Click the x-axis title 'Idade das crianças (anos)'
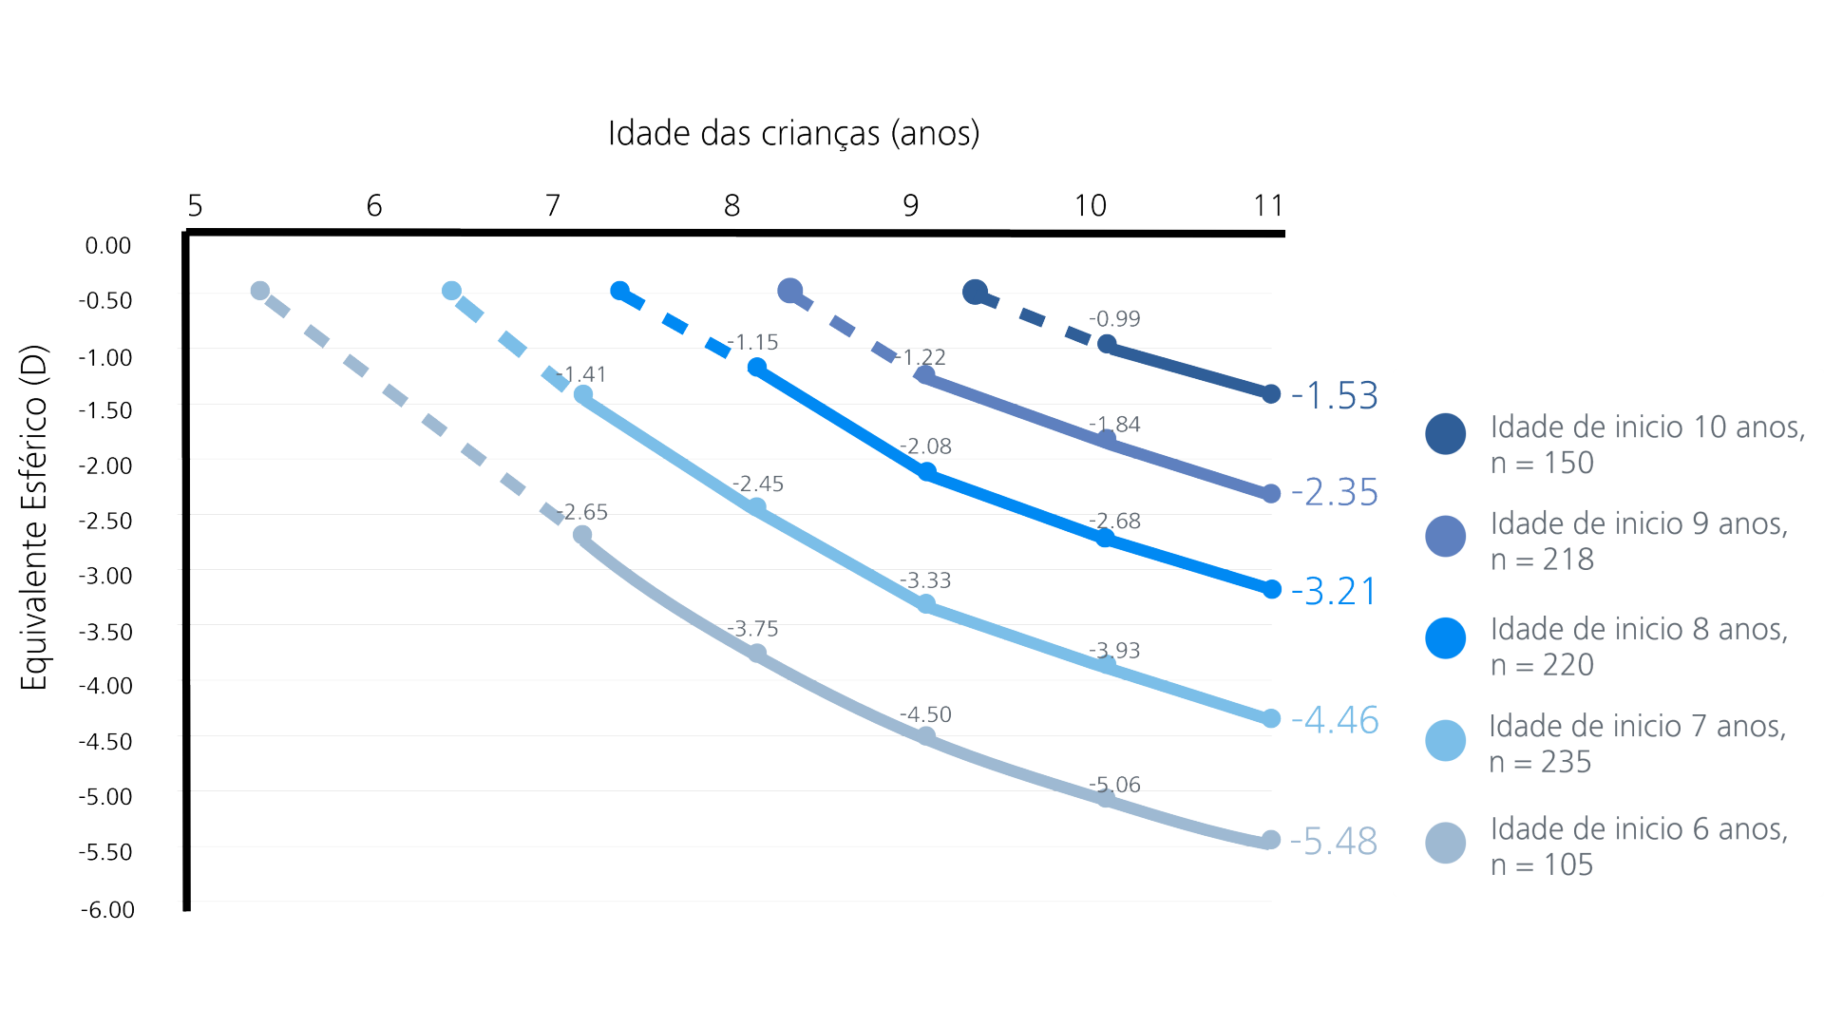click(793, 133)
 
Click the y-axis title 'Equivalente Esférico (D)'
click(34, 518)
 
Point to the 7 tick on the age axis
click(553, 205)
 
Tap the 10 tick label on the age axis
click(1090, 205)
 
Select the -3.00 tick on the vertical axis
click(105, 576)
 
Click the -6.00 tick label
click(107, 909)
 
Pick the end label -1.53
click(1334, 395)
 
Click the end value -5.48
click(1334, 841)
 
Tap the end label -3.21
click(1334, 591)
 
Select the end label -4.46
click(1335, 720)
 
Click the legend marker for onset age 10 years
click(1445, 434)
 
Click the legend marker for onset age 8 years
click(1445, 637)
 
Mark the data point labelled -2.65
click(582, 536)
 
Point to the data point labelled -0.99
click(1107, 344)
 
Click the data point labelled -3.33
click(926, 604)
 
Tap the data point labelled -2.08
click(927, 472)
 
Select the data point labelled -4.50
click(926, 736)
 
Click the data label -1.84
click(1114, 424)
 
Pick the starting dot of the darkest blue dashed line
click(975, 292)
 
